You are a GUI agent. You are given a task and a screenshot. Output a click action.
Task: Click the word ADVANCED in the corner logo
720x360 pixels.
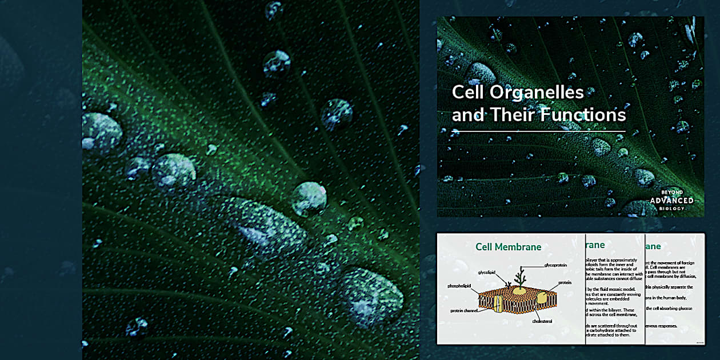point(672,201)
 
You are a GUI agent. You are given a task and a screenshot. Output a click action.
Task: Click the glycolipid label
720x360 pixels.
point(491,273)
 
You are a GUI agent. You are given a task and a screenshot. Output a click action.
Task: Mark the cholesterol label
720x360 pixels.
point(543,321)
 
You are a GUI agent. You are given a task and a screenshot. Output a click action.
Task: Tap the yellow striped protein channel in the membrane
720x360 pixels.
point(498,303)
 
